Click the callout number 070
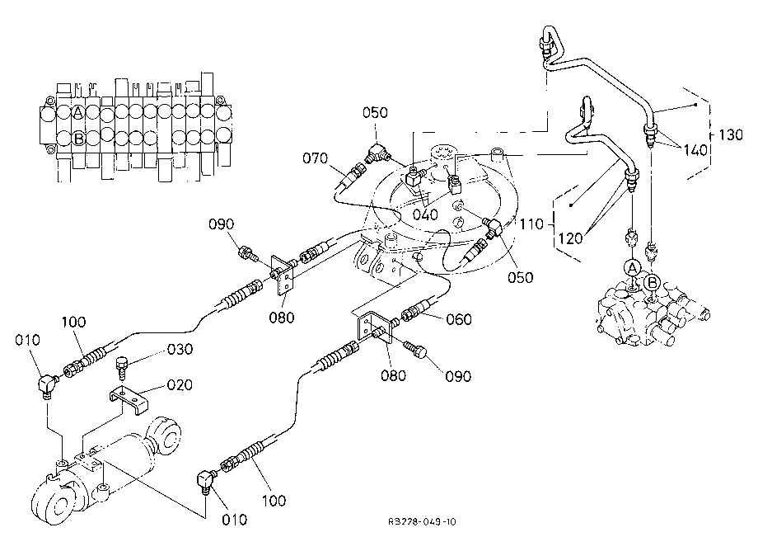(x=315, y=158)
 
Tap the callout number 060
(x=459, y=319)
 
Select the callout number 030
(x=180, y=349)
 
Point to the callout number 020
(x=180, y=384)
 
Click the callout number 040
(x=425, y=214)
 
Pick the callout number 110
(x=531, y=224)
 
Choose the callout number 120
(x=570, y=238)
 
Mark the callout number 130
(x=731, y=134)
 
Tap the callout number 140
(x=695, y=150)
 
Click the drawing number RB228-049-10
(x=422, y=521)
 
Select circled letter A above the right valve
(x=632, y=268)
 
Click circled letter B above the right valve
(x=653, y=281)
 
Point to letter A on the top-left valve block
(x=77, y=113)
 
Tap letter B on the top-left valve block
(x=78, y=139)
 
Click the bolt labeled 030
(x=122, y=368)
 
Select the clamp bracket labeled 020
(x=128, y=399)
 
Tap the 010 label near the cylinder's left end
(x=27, y=340)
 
